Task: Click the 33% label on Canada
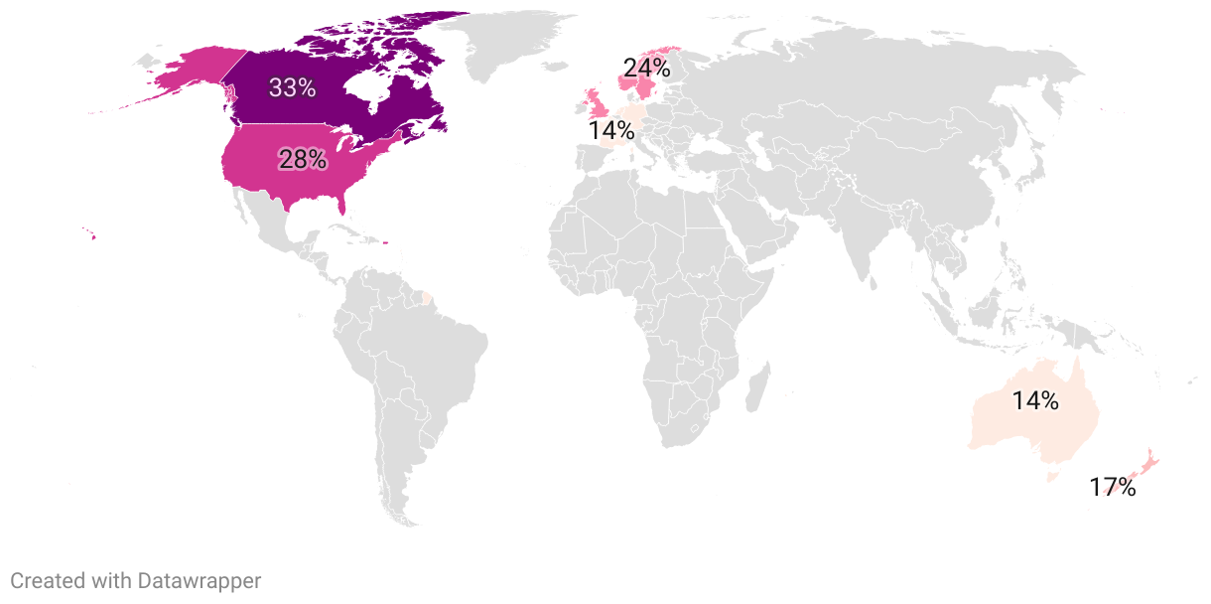click(292, 87)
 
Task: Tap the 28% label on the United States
click(302, 158)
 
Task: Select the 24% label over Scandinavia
click(646, 69)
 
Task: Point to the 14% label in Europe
click(610, 130)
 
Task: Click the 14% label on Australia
click(1035, 401)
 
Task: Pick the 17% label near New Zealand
click(1112, 488)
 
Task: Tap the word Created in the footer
click(46, 581)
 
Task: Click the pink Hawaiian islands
click(90, 234)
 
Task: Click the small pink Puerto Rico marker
click(384, 243)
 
